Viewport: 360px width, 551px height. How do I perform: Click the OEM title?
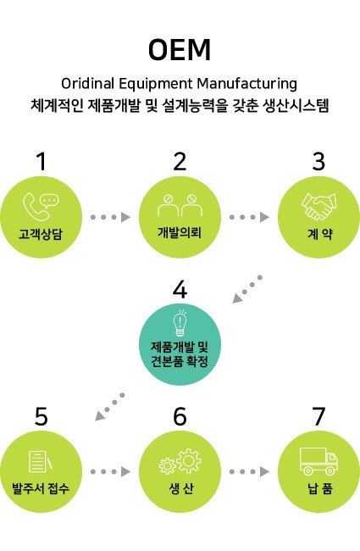[180, 50]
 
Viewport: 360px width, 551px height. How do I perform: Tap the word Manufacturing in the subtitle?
[246, 84]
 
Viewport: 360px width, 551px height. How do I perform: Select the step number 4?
[180, 290]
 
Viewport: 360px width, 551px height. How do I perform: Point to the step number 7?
[318, 416]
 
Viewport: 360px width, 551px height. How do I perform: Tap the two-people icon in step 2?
[180, 205]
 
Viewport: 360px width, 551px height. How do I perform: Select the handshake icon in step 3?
[318, 206]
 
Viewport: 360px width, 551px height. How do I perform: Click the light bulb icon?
[180, 323]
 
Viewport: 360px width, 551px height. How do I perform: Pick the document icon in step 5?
[41, 461]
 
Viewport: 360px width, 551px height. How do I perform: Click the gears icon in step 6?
[180, 460]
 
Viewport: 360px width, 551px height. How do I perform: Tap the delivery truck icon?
[318, 461]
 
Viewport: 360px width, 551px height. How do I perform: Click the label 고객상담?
[41, 234]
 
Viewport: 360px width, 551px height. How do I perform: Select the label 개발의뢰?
[180, 232]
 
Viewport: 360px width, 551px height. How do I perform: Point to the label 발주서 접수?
[41, 488]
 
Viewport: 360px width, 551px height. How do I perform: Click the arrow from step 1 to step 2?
[110, 217]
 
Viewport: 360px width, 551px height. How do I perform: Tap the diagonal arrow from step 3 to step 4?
[247, 289]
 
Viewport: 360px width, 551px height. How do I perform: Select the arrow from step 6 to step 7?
[249, 471]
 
